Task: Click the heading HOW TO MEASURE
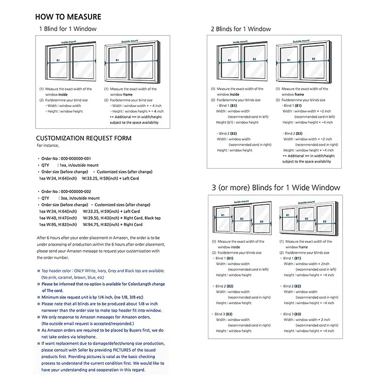pos(68,17)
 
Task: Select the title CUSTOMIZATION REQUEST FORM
pos(83,138)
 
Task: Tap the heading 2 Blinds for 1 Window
pos(240,29)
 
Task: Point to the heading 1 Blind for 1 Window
pos(67,29)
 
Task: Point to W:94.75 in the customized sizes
pos(91,224)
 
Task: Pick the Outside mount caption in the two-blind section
pos(303,42)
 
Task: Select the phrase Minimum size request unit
pos(69,297)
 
